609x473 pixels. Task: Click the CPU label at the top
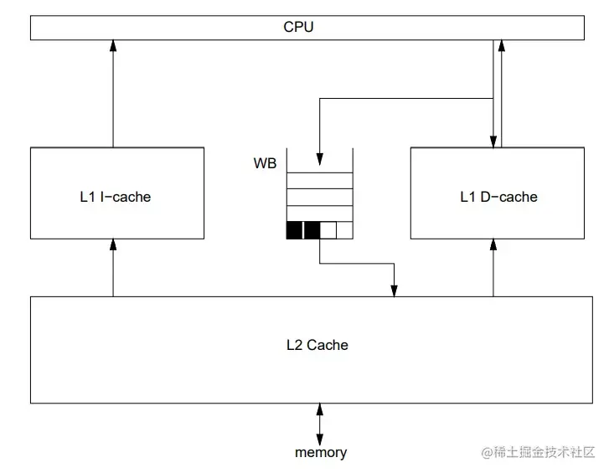pyautogui.click(x=298, y=27)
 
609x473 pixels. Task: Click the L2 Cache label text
pyautogui.click(x=317, y=345)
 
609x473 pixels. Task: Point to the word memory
pyautogui.click(x=320, y=453)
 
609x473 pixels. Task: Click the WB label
pyautogui.click(x=265, y=163)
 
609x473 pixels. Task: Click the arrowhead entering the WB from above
pyautogui.click(x=319, y=158)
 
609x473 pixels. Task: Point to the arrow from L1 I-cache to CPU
pyautogui.click(x=113, y=92)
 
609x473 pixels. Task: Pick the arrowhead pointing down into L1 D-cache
pyautogui.click(x=493, y=141)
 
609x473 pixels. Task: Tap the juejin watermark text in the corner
pyautogui.click(x=537, y=453)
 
